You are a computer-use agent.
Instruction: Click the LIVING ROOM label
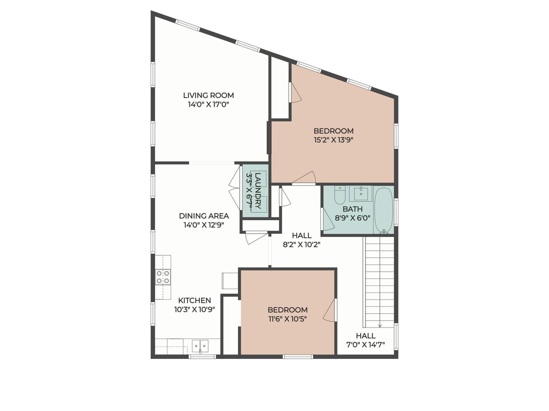click(x=208, y=95)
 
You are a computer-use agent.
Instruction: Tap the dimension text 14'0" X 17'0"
click(x=208, y=104)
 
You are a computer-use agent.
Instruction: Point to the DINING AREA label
click(x=204, y=216)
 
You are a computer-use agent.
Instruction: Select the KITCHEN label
click(x=194, y=300)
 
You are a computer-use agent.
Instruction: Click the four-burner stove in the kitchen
click(x=163, y=277)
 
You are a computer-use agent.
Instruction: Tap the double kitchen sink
click(x=200, y=346)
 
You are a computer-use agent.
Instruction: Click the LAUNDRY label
click(x=258, y=190)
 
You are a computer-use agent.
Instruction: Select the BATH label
click(x=352, y=209)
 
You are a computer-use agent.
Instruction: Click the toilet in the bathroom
click(x=340, y=195)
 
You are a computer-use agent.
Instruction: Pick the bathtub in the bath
click(x=384, y=211)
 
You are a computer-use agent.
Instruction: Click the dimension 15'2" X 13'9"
click(x=334, y=140)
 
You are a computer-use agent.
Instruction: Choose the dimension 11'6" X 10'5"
click(x=287, y=319)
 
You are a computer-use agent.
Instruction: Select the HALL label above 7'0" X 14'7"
click(x=366, y=336)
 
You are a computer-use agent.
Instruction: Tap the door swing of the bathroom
click(x=328, y=219)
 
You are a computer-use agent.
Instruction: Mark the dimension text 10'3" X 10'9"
click(x=194, y=310)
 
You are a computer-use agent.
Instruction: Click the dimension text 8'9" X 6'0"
click(x=352, y=218)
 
